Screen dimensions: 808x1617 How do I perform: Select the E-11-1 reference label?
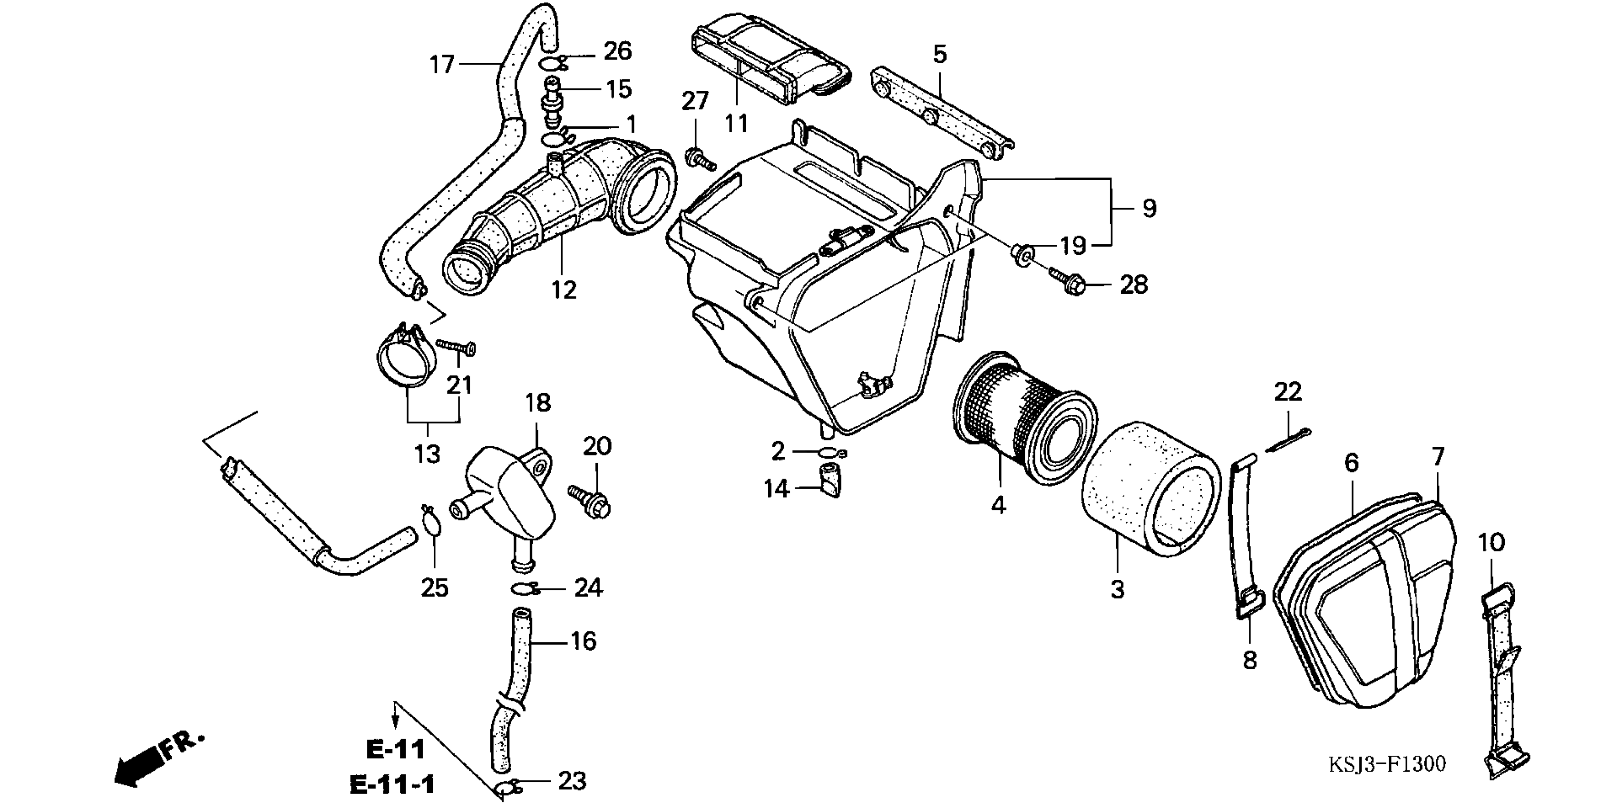point(392,785)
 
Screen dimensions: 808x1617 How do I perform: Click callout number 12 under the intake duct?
point(564,290)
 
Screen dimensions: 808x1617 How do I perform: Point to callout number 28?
point(1134,285)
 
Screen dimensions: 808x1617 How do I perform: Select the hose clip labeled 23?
point(508,787)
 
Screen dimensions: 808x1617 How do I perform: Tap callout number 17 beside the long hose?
point(442,64)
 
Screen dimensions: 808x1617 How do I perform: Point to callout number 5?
point(939,55)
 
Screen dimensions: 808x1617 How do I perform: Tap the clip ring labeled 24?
point(524,588)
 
